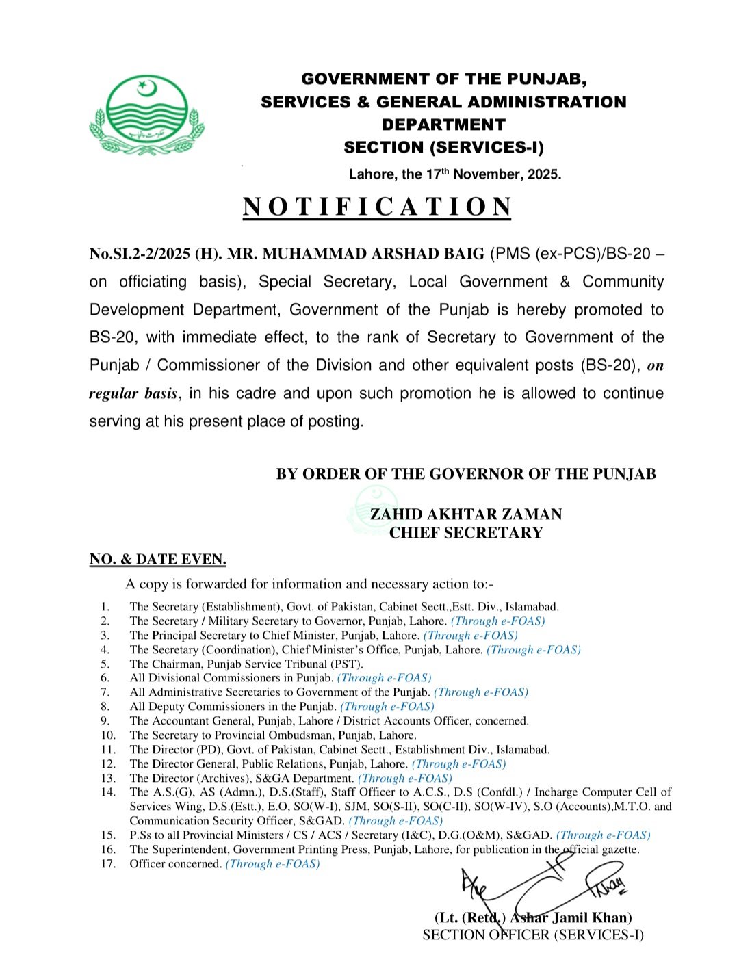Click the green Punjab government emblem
[x=146, y=115]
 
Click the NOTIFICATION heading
[x=377, y=207]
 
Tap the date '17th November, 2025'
[x=493, y=174]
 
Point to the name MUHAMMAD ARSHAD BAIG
[x=373, y=254]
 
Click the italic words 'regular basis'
[x=133, y=394]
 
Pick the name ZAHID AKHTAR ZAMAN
[x=466, y=514]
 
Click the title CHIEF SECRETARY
[x=466, y=533]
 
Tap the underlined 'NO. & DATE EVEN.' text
[x=157, y=560]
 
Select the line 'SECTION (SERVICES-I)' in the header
[x=443, y=148]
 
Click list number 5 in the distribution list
[x=105, y=664]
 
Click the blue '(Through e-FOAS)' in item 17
[x=272, y=864]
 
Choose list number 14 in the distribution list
[x=108, y=792]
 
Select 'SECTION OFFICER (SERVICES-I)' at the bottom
[x=533, y=935]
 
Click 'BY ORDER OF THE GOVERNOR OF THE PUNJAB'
[x=466, y=474]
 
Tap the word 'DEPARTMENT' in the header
[x=443, y=125]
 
